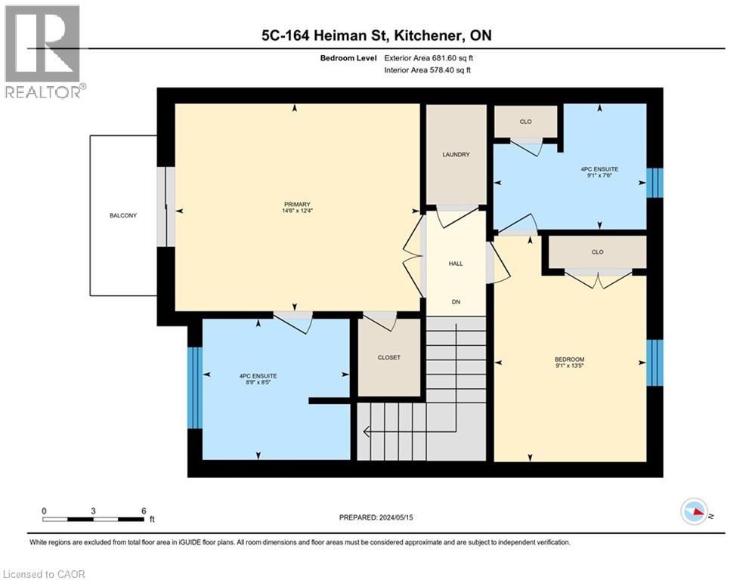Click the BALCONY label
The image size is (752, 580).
(122, 216)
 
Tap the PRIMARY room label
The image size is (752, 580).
(297, 204)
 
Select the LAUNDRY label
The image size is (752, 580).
(456, 155)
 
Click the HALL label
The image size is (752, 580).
(456, 264)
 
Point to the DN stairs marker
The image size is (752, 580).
(456, 302)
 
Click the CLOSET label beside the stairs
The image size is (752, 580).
(388, 357)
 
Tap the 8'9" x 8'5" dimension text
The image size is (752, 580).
(258, 384)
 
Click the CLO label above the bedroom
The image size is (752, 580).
(597, 251)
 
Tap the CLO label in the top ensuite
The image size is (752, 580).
(525, 121)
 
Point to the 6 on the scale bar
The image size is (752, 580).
(143, 511)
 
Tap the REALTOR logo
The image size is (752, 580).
(44, 51)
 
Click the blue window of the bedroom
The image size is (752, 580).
(655, 362)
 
